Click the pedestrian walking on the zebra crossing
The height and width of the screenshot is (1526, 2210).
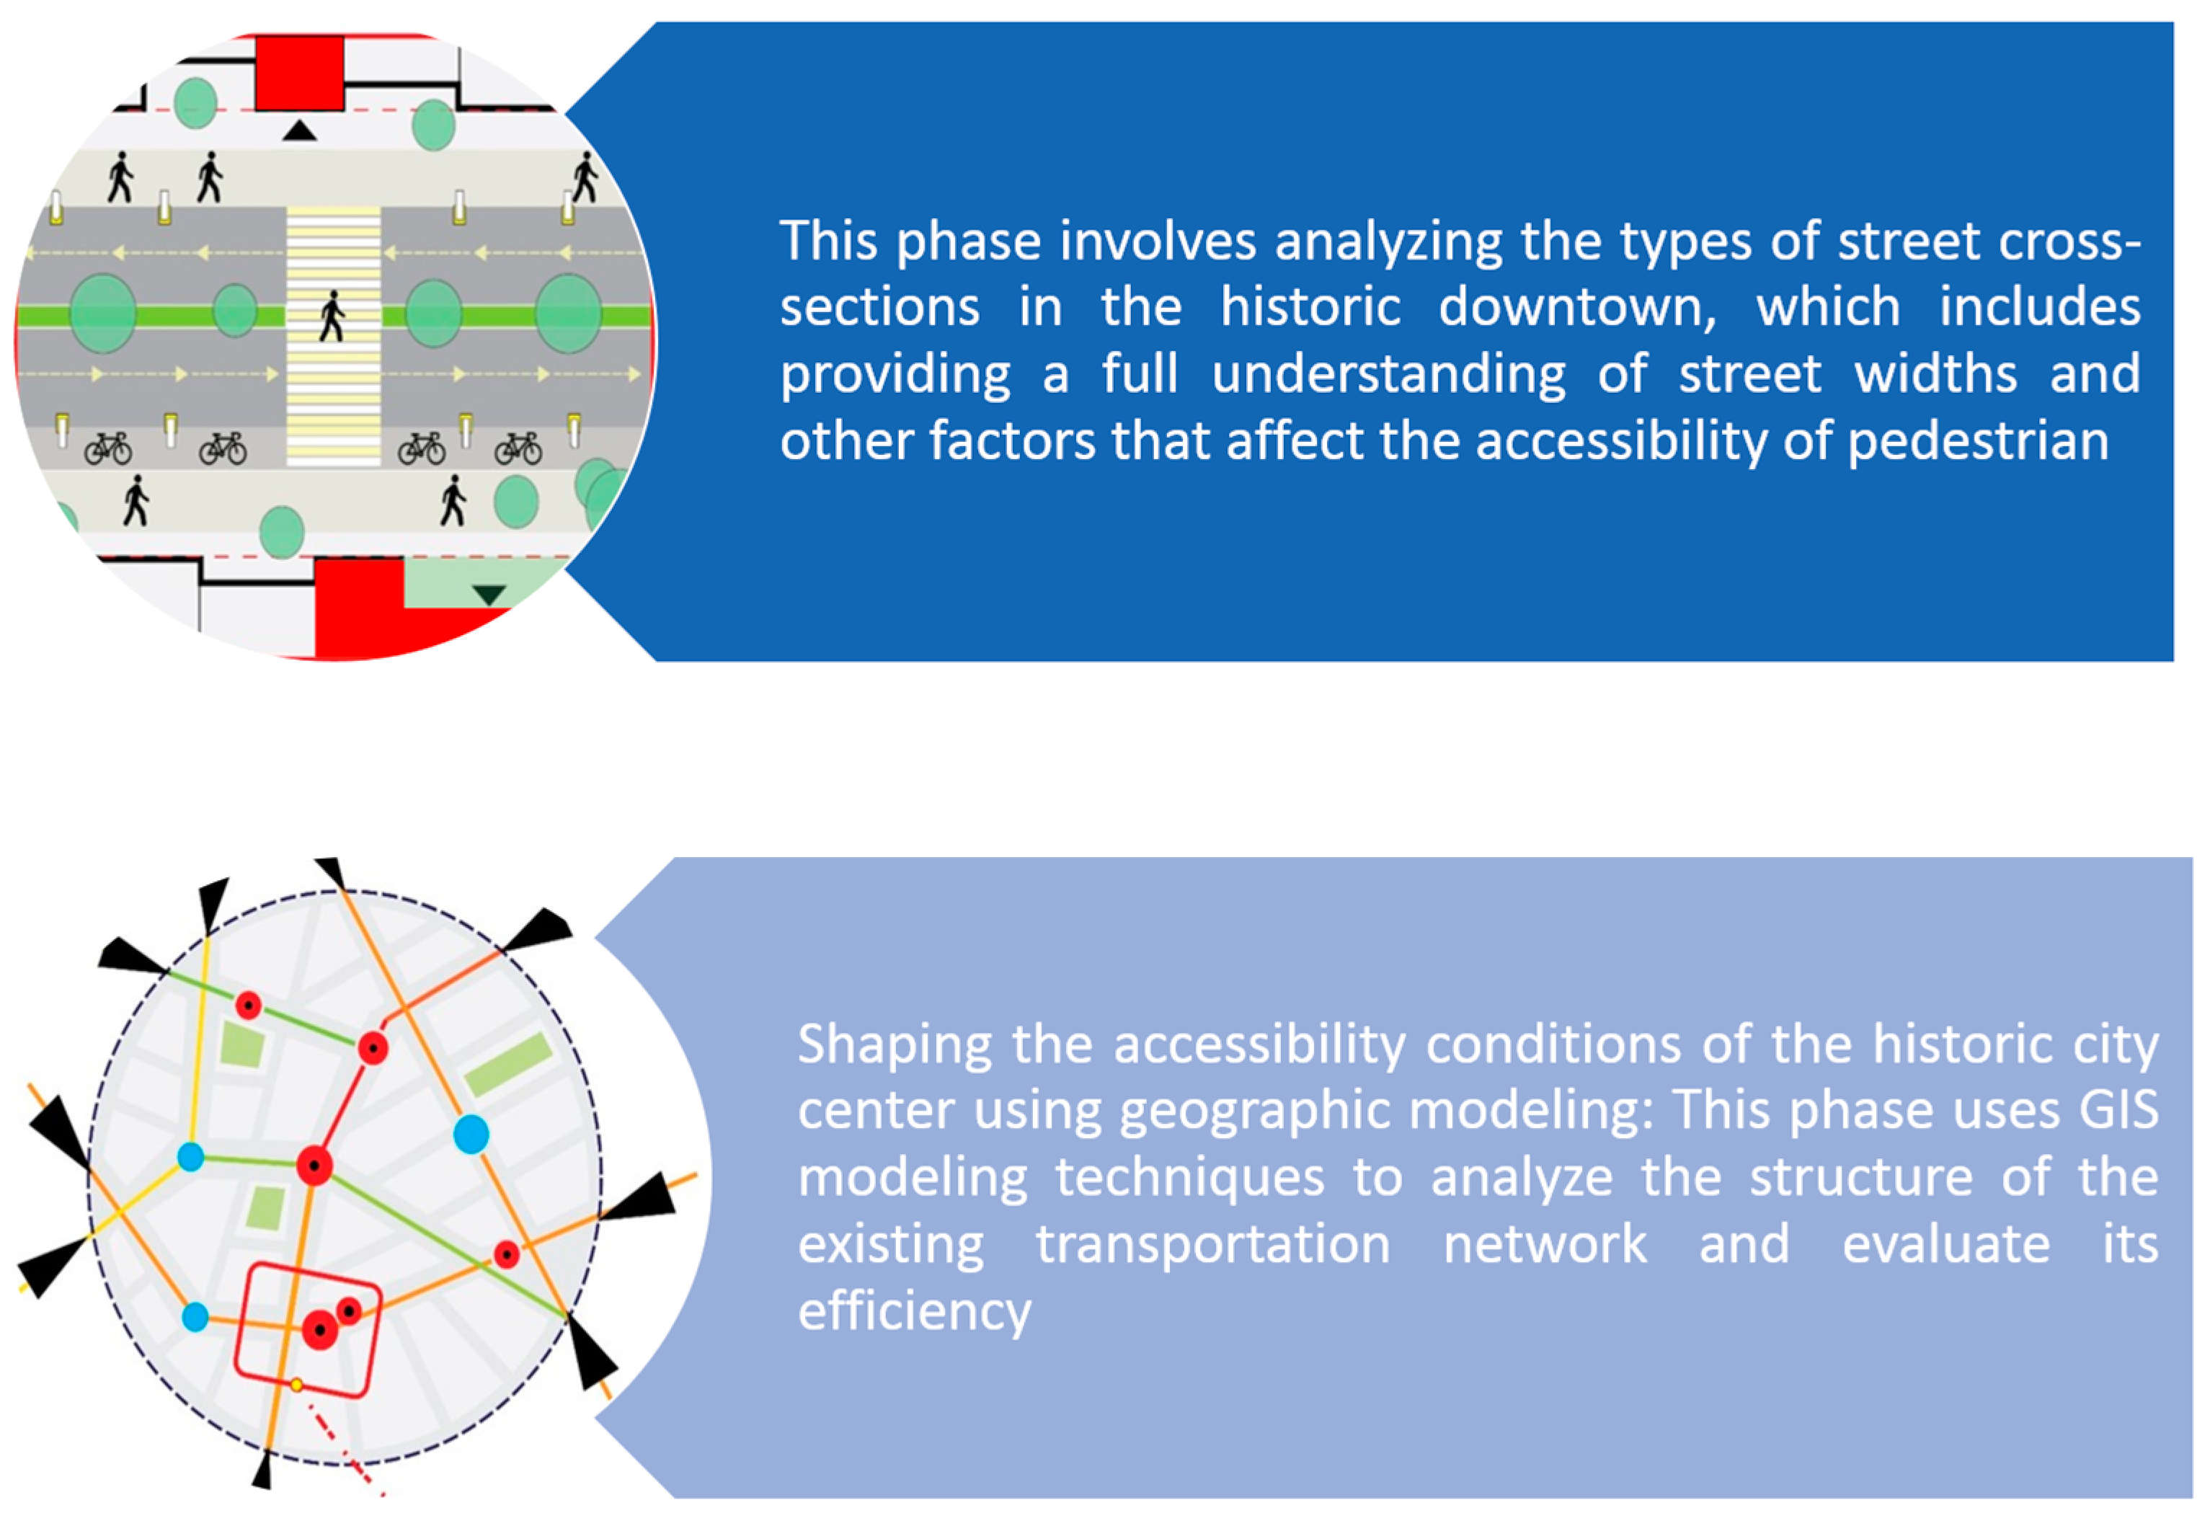click(332, 316)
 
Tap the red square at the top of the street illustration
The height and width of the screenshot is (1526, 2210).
click(299, 73)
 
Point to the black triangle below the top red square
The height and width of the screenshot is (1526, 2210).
click(299, 130)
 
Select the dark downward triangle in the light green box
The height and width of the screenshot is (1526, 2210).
click(489, 595)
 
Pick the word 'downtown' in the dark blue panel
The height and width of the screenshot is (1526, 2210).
click(1578, 307)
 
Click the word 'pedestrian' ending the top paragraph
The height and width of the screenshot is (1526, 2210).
click(1979, 442)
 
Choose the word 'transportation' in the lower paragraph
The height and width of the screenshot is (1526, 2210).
click(1213, 1244)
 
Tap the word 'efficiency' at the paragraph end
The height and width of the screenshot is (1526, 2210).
click(915, 1312)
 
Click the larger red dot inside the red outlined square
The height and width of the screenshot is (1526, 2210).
click(320, 1330)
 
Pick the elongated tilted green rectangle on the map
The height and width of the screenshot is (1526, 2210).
click(507, 1063)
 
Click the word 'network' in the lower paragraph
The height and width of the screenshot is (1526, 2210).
click(1545, 1244)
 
